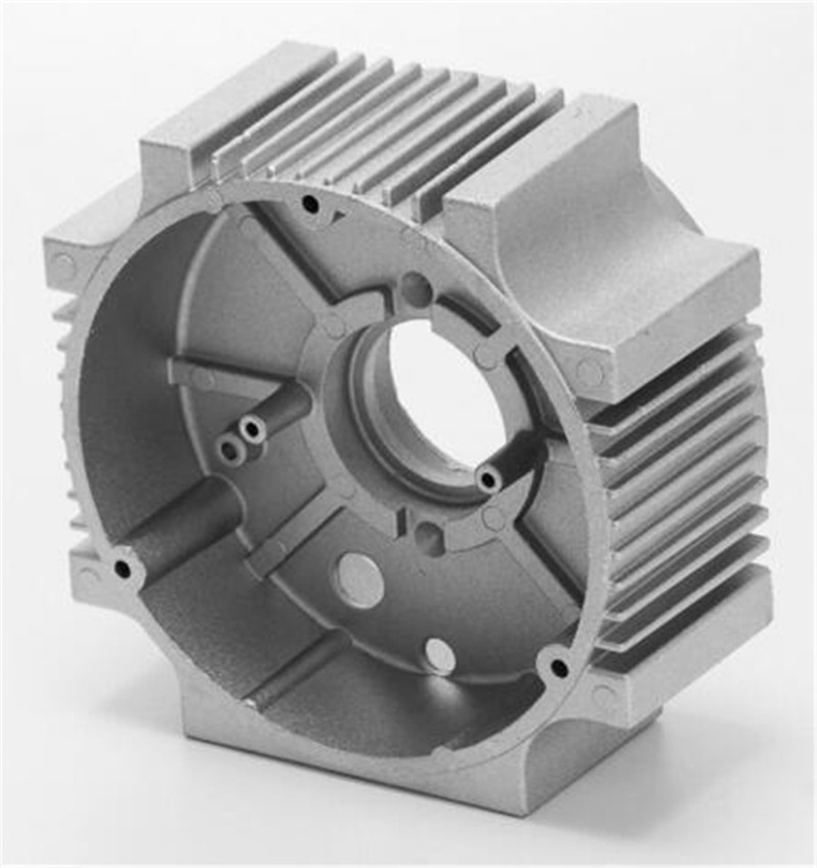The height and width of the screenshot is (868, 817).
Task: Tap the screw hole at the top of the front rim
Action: pos(310,204)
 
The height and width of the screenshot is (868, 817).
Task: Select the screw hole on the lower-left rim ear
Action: pos(122,569)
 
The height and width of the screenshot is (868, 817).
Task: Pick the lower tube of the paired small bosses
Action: pos(231,449)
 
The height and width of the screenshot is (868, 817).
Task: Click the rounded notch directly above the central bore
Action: pos(416,290)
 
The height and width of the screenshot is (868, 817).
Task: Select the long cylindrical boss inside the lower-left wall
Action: pos(186,522)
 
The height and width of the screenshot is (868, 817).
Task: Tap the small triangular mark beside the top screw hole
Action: pos(338,216)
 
